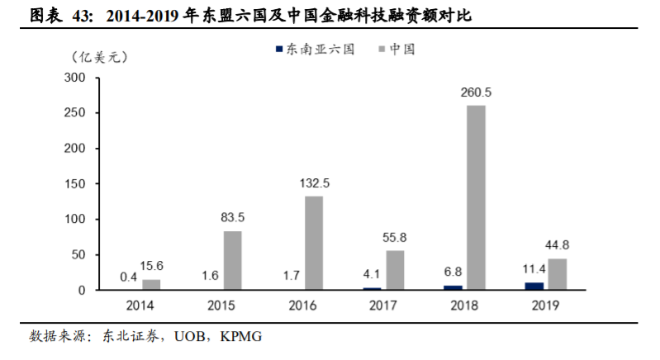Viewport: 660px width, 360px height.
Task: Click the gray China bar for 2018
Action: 476,197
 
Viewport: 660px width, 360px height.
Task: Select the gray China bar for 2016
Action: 313,243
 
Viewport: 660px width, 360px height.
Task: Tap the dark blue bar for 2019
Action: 534,286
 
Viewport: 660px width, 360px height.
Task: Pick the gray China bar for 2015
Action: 232,260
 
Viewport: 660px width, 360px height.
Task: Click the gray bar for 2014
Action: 151,284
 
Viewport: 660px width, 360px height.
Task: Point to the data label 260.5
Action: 477,92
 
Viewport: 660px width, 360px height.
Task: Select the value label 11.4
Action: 531,269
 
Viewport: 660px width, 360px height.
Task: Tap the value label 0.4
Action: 127,277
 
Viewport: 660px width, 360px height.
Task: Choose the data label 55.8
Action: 395,238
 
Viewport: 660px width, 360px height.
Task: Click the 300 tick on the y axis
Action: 75,78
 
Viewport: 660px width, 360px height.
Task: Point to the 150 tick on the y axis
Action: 75,184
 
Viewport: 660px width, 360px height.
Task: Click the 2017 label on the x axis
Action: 383,306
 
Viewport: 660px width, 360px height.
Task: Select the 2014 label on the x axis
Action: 140,306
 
